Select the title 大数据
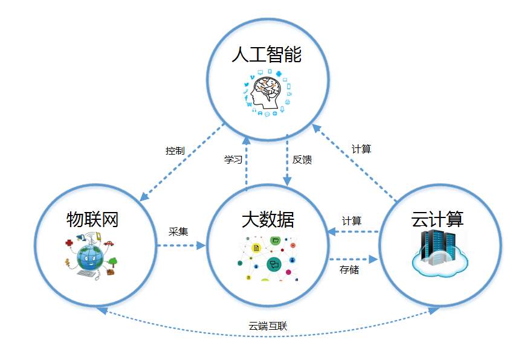tap(268, 219)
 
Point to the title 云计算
tap(438, 219)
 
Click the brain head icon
tap(267, 92)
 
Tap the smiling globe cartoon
tap(90, 256)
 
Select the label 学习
tap(233, 160)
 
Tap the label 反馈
tap(302, 160)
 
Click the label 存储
tap(349, 269)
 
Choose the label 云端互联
tap(268, 327)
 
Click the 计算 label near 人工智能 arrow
tap(361, 149)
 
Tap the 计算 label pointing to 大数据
tap(352, 220)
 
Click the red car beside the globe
tap(109, 244)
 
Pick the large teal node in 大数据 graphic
tap(273, 264)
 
